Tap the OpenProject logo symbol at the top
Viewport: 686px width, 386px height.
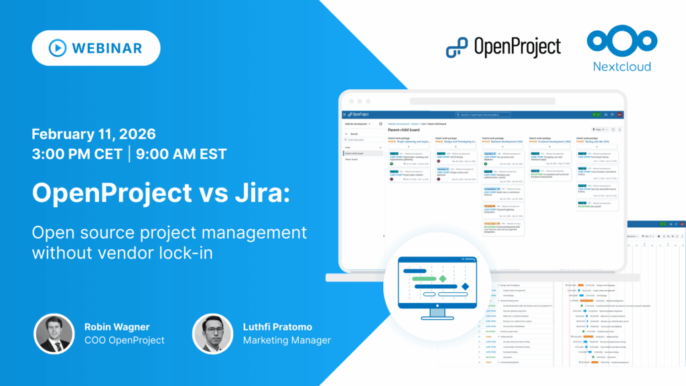[458, 47]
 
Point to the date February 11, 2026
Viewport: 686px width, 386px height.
[93, 132]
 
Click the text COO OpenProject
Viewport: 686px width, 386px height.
[124, 340]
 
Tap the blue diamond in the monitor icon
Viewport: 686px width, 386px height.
[464, 287]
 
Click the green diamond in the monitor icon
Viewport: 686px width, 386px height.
[441, 277]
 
